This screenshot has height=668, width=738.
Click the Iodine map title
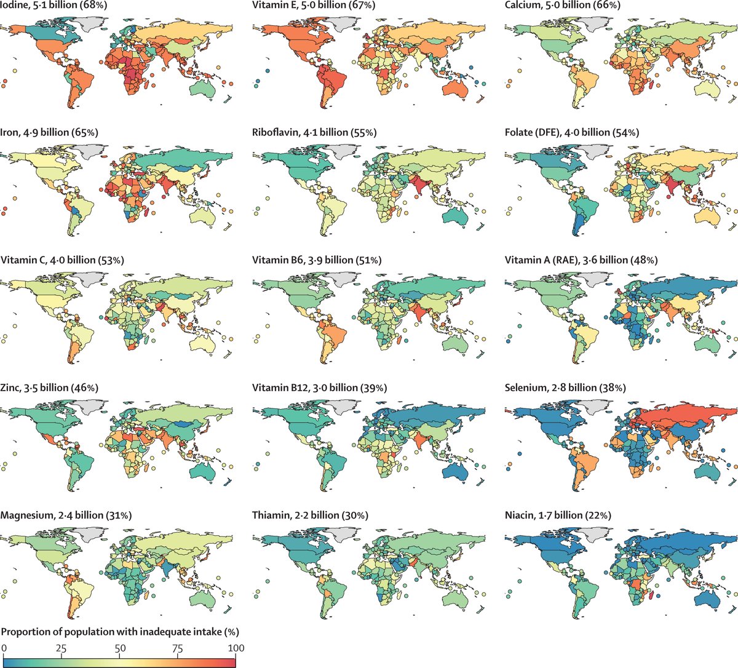click(x=49, y=5)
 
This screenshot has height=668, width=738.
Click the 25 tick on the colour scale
click(x=61, y=648)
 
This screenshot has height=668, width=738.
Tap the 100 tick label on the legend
click(x=236, y=648)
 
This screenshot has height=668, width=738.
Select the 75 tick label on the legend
click(x=178, y=648)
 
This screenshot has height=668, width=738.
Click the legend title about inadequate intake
click(x=120, y=632)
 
